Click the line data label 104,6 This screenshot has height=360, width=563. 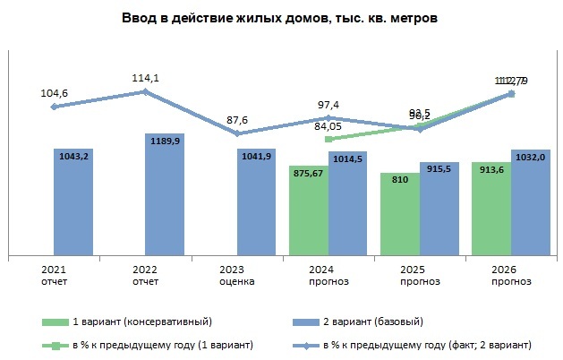(x=55, y=91)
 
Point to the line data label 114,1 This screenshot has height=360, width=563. (x=146, y=77)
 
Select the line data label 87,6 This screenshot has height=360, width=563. (x=237, y=118)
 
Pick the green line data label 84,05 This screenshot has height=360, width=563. (x=328, y=125)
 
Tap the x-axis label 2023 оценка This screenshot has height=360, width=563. (x=237, y=276)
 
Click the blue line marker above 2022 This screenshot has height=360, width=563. (x=146, y=91)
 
